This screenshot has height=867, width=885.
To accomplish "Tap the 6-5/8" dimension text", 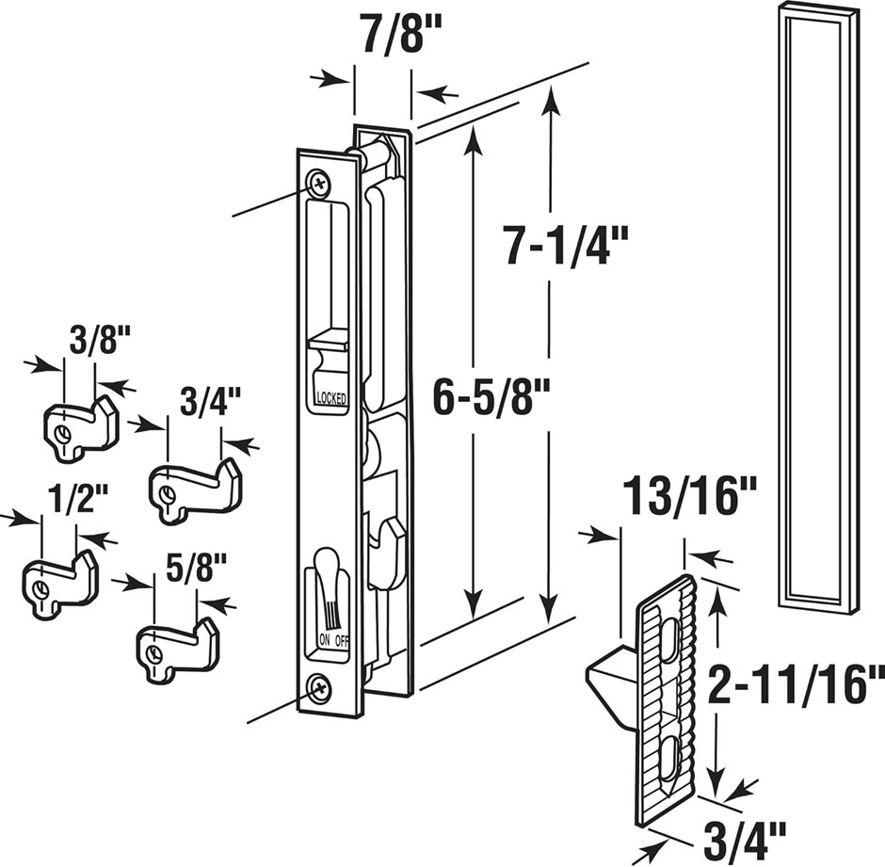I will click(x=491, y=401).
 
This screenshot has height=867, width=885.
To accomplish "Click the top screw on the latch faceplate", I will click(x=319, y=180).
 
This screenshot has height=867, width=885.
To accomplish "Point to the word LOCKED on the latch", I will click(x=331, y=398).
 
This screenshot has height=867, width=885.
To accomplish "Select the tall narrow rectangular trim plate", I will click(x=817, y=306).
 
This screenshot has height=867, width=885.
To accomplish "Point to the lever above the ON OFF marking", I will click(x=330, y=584).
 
